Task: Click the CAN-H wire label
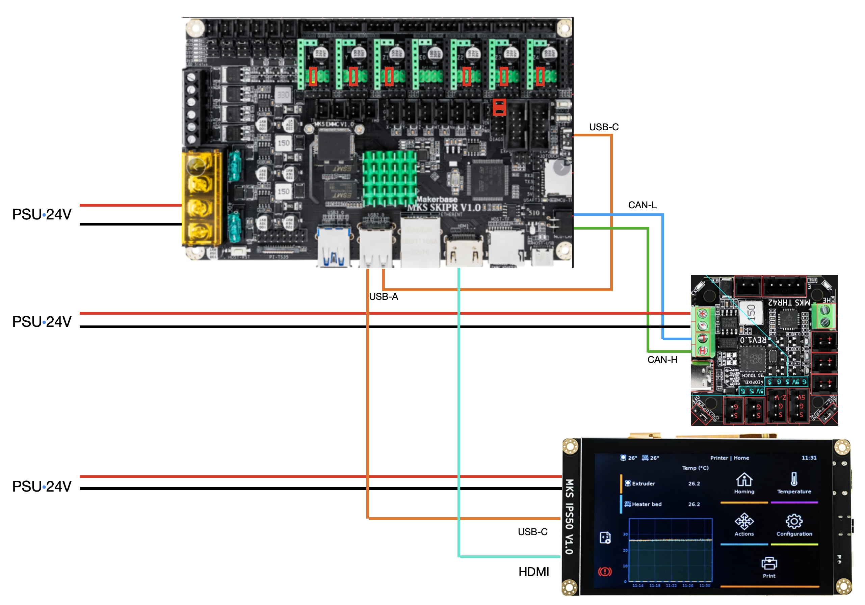[x=662, y=360]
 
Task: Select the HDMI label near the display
[x=533, y=572]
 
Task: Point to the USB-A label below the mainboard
[x=383, y=296]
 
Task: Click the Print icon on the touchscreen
[x=769, y=563]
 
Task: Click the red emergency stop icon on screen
[x=605, y=572]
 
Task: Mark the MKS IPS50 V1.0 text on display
[x=569, y=517]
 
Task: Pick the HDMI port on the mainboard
[x=464, y=251]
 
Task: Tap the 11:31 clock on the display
[x=809, y=458]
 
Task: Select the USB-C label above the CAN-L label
[x=604, y=127]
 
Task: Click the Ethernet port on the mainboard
[x=420, y=241]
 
